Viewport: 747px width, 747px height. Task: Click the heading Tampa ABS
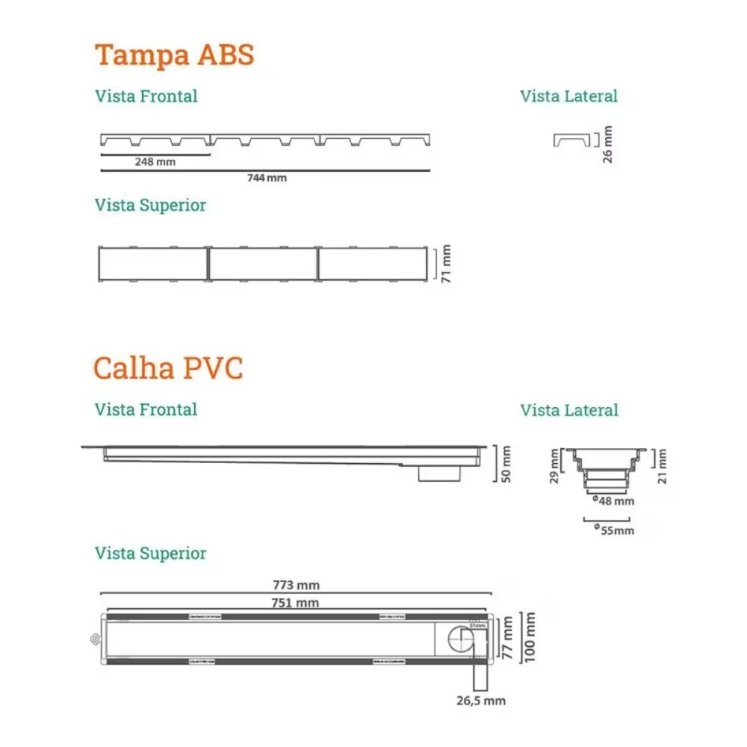(174, 56)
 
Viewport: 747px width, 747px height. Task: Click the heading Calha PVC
(168, 368)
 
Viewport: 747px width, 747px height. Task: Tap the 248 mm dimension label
(155, 162)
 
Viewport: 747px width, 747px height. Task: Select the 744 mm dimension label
(267, 179)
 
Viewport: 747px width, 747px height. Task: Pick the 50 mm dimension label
(506, 464)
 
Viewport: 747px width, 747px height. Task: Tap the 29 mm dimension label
(555, 466)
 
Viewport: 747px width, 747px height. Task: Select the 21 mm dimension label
(663, 466)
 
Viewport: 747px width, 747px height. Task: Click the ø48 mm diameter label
(613, 501)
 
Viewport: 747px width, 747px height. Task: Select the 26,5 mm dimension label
(482, 701)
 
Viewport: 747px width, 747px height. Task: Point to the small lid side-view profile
(571, 140)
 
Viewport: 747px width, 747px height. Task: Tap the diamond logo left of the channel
(93, 639)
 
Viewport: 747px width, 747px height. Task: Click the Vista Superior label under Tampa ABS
(150, 205)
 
